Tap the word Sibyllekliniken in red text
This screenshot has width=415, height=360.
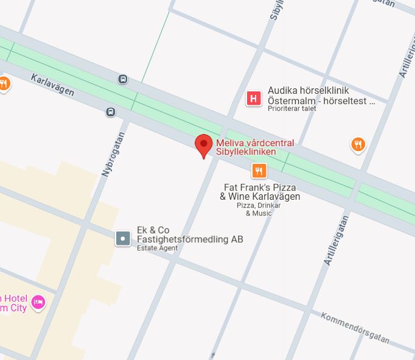(242, 152)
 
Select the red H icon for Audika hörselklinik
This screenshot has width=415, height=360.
(253, 98)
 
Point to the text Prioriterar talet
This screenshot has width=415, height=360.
(291, 109)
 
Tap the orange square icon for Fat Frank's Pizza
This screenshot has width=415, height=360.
(259, 171)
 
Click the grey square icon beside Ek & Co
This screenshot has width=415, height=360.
(124, 238)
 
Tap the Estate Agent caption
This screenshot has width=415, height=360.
(157, 249)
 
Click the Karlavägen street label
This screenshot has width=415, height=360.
(52, 86)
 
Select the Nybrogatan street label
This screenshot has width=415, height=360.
(113, 155)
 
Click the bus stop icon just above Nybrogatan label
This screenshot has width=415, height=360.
(110, 112)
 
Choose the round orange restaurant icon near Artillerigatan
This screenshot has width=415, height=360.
(358, 144)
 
